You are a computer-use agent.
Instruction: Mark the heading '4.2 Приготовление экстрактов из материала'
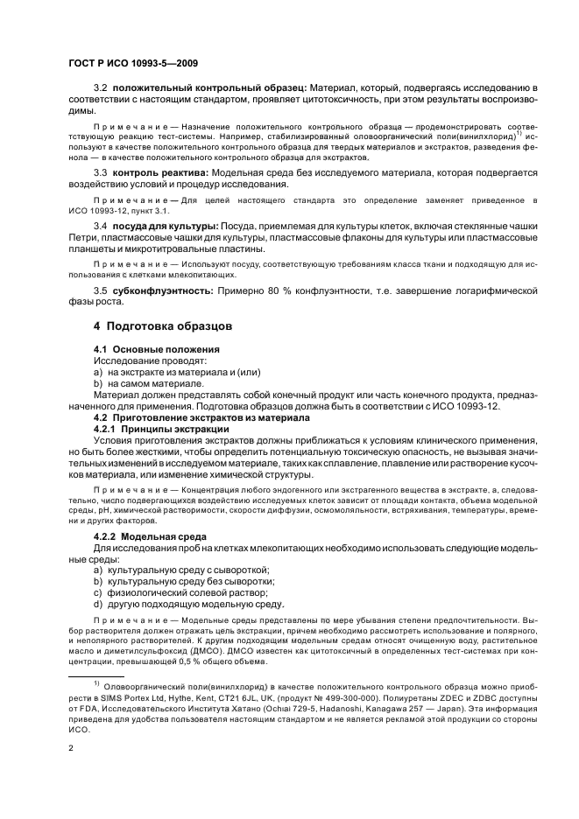point(193,418)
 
